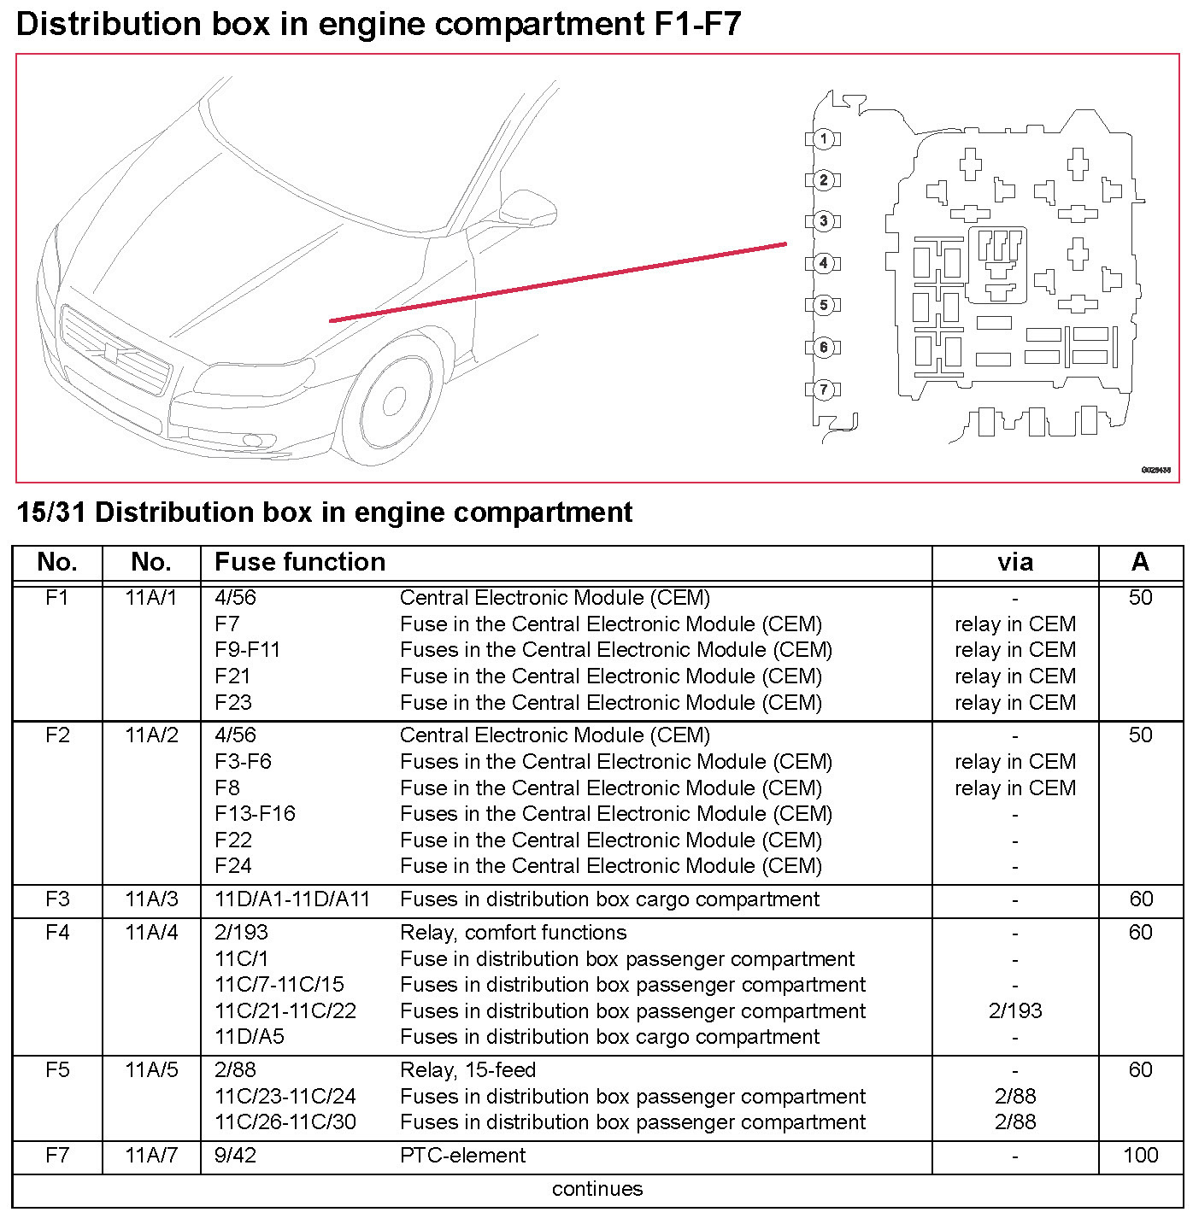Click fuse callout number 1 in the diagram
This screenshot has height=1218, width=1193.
[x=823, y=138]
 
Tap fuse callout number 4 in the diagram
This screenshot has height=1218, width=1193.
[x=823, y=263]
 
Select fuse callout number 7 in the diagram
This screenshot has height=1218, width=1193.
[x=823, y=389]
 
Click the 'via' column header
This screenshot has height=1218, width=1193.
[x=1015, y=562]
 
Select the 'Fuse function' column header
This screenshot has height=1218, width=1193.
[x=300, y=562]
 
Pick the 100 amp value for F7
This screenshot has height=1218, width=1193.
[x=1140, y=1156]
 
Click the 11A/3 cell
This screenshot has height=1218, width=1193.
[x=151, y=899]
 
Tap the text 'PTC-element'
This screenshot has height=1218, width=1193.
[x=462, y=1156]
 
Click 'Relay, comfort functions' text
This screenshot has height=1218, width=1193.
[x=508, y=933]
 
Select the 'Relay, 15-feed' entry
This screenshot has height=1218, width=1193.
[x=467, y=1070]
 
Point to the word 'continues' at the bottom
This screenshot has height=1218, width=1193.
[x=597, y=1189]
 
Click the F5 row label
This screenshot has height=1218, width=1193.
[x=57, y=1070]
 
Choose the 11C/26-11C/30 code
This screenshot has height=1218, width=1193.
[x=285, y=1122]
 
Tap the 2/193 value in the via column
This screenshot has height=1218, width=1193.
[x=1015, y=1011]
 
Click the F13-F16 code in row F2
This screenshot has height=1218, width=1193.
[x=255, y=814]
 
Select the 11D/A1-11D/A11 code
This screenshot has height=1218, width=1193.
[x=292, y=899]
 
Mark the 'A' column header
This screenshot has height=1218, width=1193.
[x=1140, y=562]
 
